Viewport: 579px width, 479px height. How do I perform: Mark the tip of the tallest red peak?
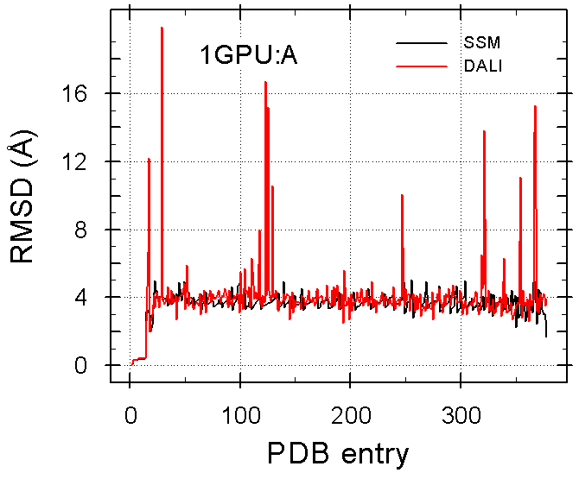[162, 28]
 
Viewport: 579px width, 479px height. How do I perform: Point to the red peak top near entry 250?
[402, 195]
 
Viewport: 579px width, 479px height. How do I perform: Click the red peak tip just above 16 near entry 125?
[265, 82]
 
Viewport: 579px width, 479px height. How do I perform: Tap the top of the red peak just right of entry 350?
[520, 178]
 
